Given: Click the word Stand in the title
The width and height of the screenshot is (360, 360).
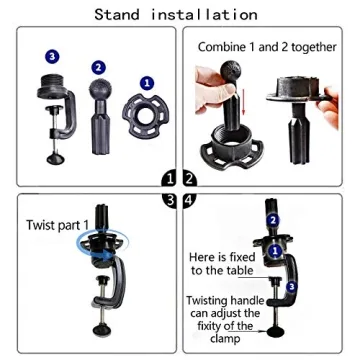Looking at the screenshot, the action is (116, 15).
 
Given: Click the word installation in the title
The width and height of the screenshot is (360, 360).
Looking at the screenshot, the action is (204, 15).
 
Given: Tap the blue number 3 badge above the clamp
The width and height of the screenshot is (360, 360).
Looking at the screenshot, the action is (52, 57).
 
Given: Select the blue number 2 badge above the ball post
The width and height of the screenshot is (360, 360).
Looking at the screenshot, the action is (98, 68).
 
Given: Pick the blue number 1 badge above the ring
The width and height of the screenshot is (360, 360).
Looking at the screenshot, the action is (147, 83).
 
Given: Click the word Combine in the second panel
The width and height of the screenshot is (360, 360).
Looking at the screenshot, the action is (222, 47).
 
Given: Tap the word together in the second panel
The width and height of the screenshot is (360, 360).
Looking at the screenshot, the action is (314, 47).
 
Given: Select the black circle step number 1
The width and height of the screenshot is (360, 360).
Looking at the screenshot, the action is (169, 180).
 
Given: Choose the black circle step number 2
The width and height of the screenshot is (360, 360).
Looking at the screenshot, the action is (190, 180).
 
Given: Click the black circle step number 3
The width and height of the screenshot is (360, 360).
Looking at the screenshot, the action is (169, 200).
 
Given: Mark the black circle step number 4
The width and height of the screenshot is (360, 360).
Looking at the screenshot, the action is (190, 200).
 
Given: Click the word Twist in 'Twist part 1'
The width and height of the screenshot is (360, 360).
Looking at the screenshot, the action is (39, 225).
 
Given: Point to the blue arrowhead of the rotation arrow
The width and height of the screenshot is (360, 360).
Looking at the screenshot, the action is (106, 256).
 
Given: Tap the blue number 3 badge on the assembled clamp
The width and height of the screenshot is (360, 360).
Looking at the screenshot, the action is (292, 286).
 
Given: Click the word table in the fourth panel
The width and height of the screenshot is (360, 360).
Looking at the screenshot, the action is (238, 270).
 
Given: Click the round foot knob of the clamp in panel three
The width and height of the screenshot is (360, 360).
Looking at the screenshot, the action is (102, 330).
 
